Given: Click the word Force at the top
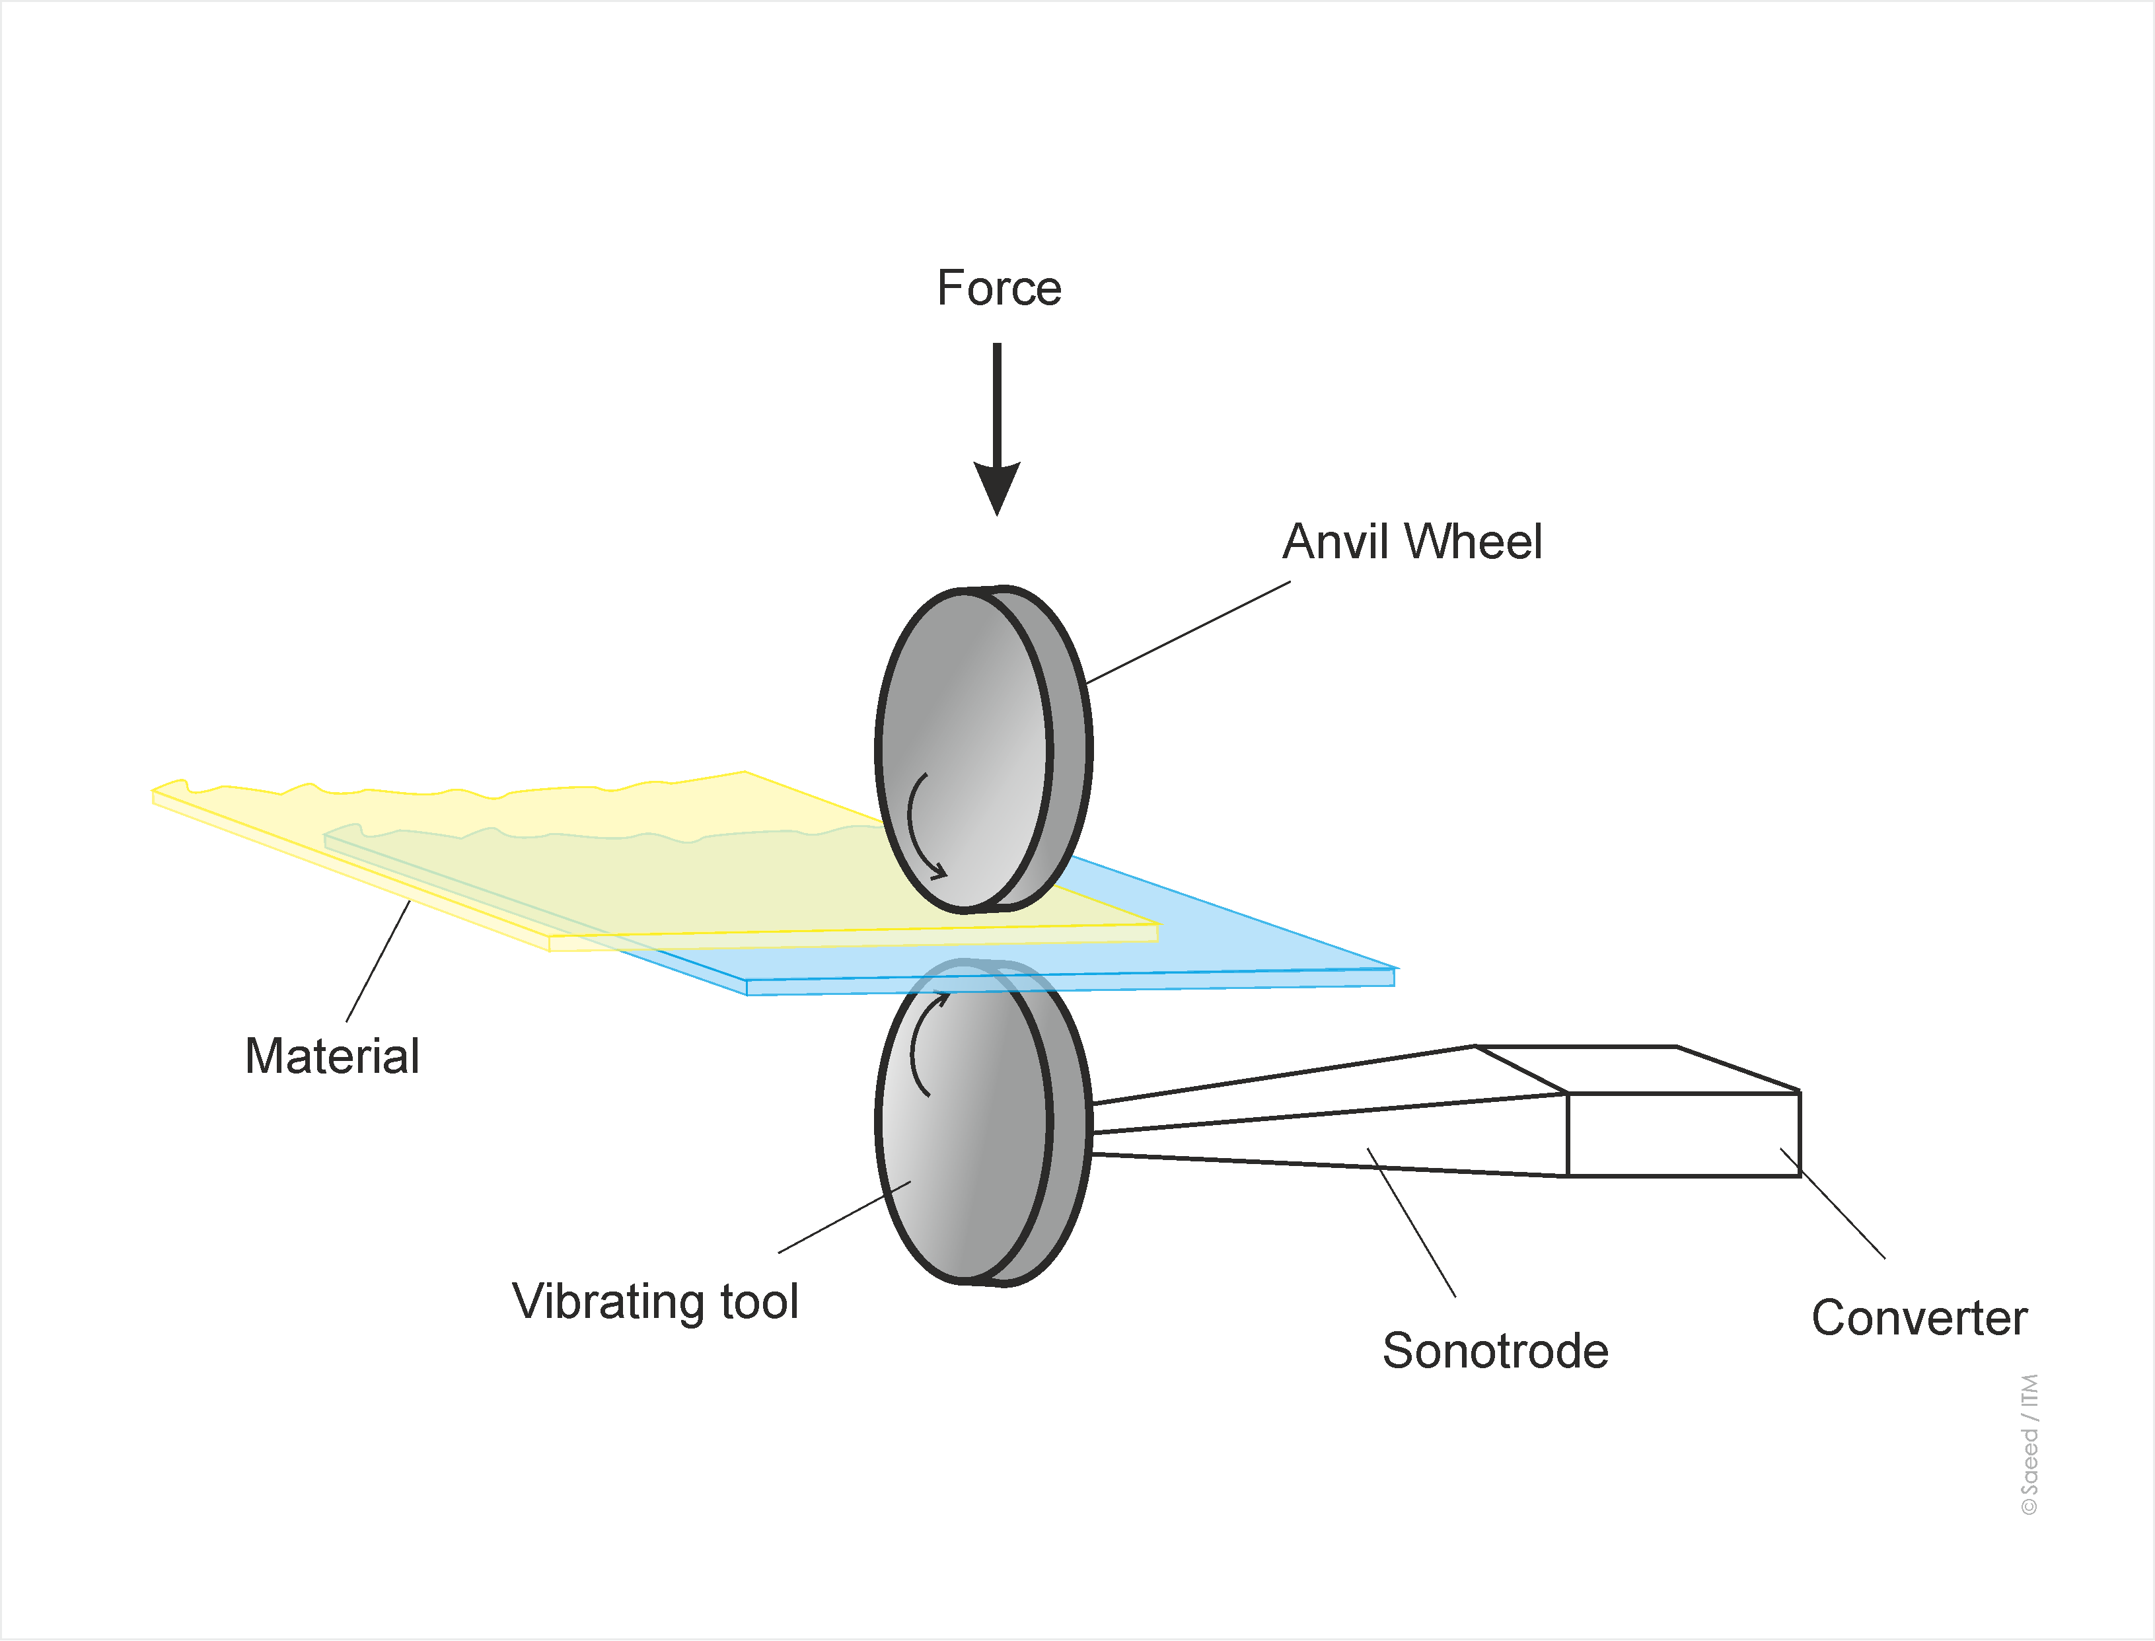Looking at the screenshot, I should click(x=998, y=288).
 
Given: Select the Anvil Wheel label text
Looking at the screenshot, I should click(x=1412, y=542).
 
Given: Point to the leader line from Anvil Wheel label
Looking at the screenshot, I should click(x=1187, y=633).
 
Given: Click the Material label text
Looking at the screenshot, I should click(x=332, y=1057).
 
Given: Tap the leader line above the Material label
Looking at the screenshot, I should click(x=378, y=961).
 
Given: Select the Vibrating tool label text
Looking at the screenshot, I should click(x=655, y=1302).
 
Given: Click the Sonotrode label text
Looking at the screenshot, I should click(x=1494, y=1351).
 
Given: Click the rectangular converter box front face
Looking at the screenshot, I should click(x=1682, y=1134).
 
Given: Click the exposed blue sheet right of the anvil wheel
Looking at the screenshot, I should click(x=1221, y=928).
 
